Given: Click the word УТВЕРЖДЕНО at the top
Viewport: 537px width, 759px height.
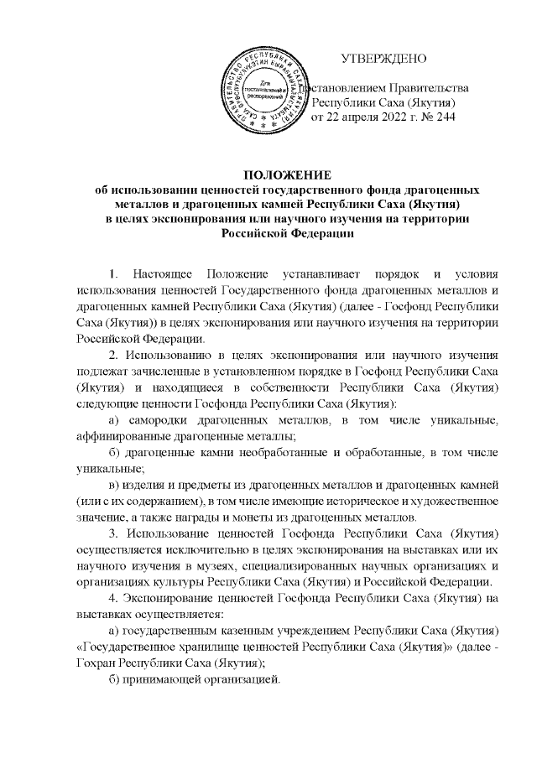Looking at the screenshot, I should click(x=383, y=59).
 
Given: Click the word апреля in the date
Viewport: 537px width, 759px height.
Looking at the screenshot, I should click(x=353, y=117).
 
